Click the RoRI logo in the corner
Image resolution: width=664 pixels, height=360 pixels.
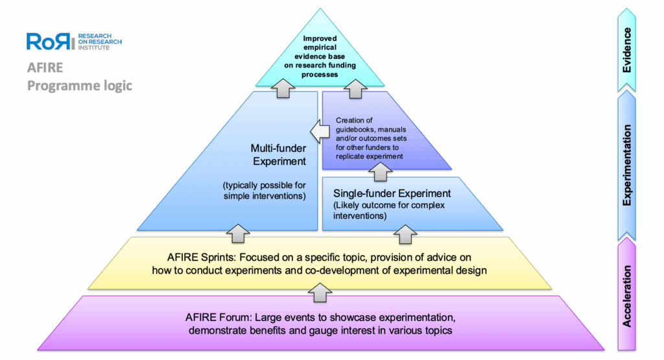[x=73, y=41]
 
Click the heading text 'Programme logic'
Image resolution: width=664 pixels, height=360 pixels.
[x=79, y=86]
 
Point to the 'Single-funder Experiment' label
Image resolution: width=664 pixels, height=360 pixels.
[x=392, y=193]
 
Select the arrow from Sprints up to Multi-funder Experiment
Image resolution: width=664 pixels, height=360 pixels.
[x=237, y=231]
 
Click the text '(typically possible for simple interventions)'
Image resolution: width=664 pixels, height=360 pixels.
[x=259, y=190]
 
